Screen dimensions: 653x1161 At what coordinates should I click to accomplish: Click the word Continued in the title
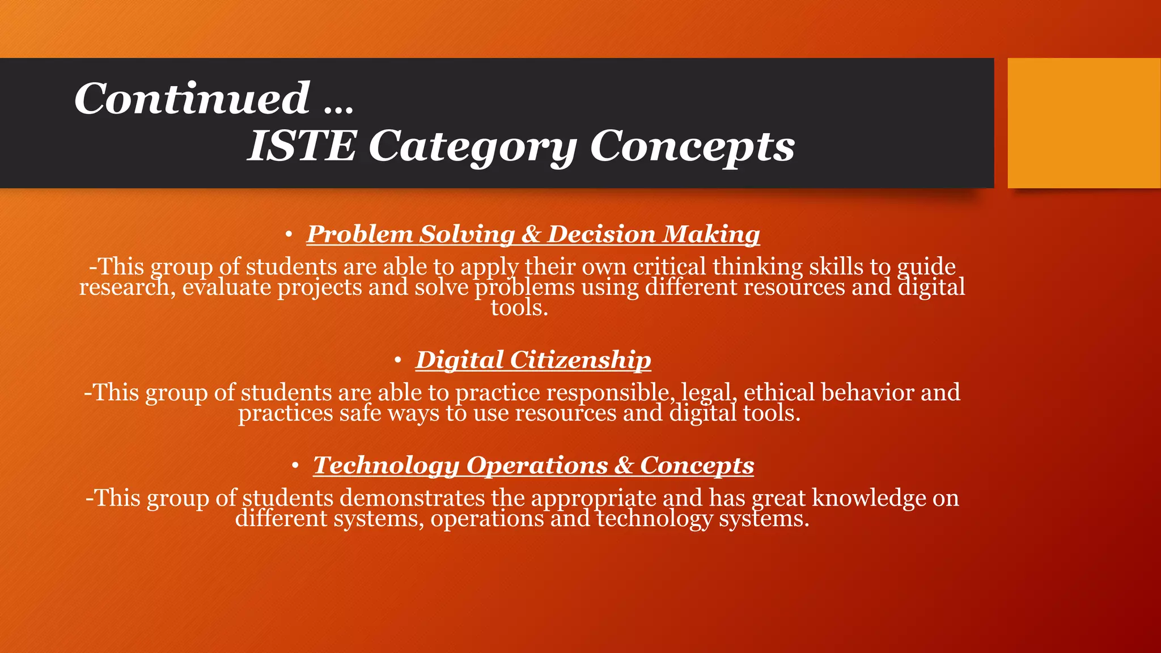click(192, 98)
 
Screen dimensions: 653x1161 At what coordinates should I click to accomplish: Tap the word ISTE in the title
click(302, 146)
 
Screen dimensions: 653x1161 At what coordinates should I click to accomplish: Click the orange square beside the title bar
click(1083, 122)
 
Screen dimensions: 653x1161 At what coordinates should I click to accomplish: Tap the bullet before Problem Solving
click(289, 234)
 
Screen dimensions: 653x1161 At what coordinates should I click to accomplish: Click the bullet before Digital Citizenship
click(398, 360)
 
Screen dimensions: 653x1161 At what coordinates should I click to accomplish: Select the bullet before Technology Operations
click(295, 465)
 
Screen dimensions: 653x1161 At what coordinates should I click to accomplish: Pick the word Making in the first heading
click(711, 235)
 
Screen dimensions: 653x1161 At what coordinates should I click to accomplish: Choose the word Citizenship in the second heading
click(580, 361)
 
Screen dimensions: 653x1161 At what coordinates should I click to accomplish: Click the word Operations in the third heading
click(537, 466)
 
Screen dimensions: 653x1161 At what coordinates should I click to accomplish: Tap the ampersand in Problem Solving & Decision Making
click(531, 235)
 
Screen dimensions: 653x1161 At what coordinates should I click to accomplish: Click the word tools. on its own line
click(519, 308)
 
